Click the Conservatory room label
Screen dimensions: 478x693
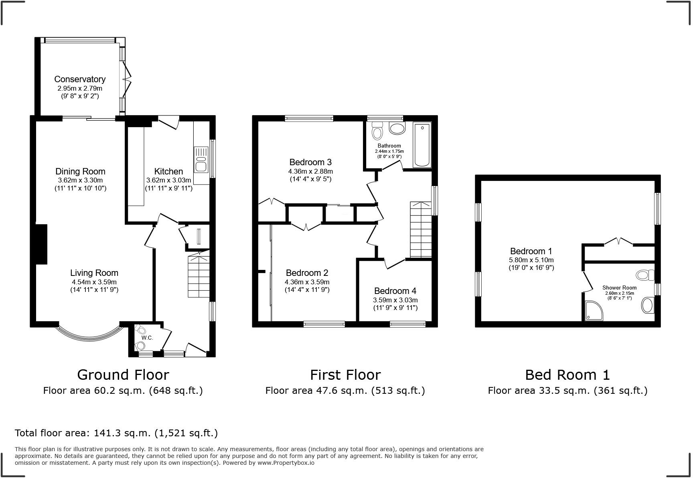pyautogui.click(x=80, y=79)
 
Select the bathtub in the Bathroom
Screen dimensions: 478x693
pyautogui.click(x=421, y=145)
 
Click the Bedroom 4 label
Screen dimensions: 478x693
pyautogui.click(x=395, y=291)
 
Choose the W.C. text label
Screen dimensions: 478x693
pyautogui.click(x=147, y=338)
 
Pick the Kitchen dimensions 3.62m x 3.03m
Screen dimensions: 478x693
pyautogui.click(x=168, y=180)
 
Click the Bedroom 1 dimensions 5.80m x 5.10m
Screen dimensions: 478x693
pyautogui.click(x=531, y=260)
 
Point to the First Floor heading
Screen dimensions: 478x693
pyautogui.click(x=345, y=375)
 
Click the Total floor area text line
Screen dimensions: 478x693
pyautogui.click(x=116, y=433)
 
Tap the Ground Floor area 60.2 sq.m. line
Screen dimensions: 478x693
pyautogui.click(x=123, y=391)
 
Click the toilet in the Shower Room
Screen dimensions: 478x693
pyautogui.click(x=644, y=275)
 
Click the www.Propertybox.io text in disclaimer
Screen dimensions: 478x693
pyautogui.click(x=286, y=463)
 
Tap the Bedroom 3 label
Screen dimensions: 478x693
pyautogui.click(x=310, y=162)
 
